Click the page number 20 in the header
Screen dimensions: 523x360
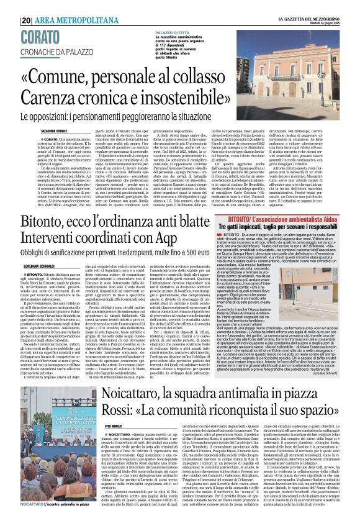(26, 6)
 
